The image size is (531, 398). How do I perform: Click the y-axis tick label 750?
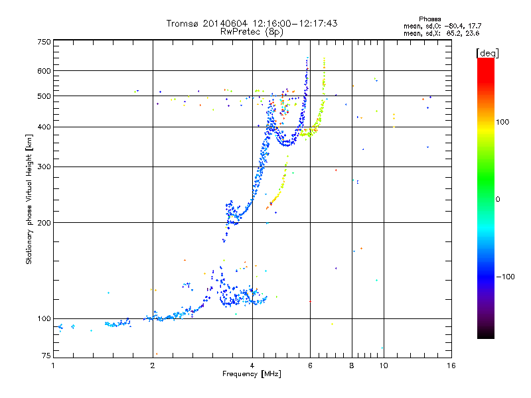[x=44, y=42]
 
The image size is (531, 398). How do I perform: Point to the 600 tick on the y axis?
[x=44, y=71]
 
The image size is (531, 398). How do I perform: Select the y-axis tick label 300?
[x=44, y=167]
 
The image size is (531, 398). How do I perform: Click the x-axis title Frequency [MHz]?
[x=252, y=375]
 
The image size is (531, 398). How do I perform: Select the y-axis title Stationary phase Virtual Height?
[x=29, y=199]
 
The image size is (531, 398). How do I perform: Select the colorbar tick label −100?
[x=505, y=277]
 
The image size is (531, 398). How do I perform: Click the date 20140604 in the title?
[x=226, y=23]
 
